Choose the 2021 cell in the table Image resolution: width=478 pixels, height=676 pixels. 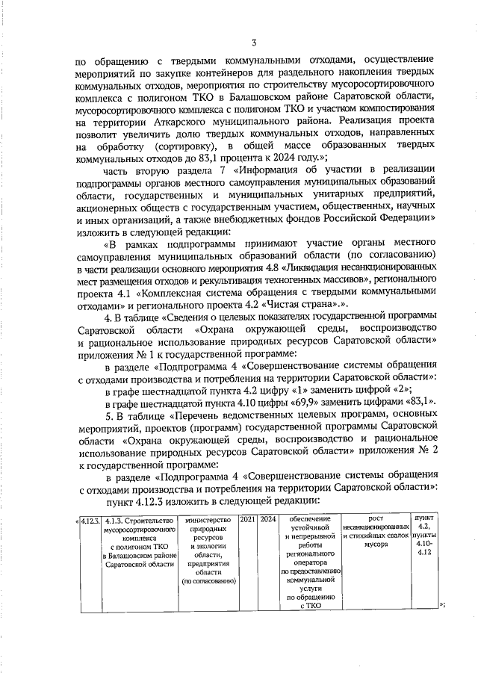click(246, 518)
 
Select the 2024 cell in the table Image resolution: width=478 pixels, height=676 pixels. click(268, 518)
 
